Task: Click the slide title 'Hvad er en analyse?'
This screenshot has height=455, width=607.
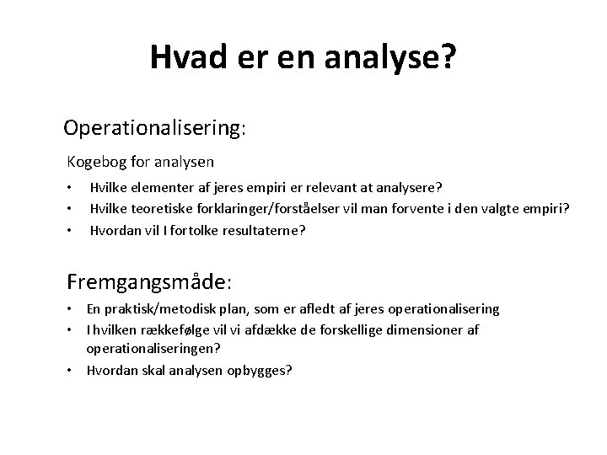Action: pos(304,57)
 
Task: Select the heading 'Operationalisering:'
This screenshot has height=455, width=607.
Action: pos(154,129)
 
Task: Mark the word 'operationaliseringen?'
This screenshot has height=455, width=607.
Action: pos(153,348)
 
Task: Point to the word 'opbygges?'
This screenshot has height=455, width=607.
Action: pos(261,369)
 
